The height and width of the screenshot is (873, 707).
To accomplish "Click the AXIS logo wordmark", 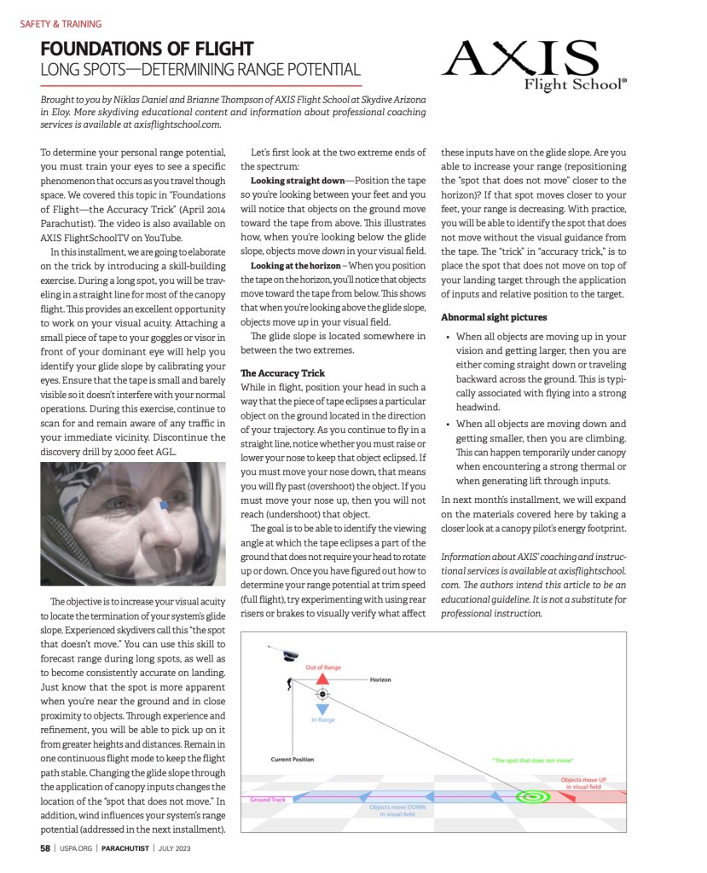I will coord(520,60).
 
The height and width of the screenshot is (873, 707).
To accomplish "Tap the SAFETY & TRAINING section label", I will coord(61,24).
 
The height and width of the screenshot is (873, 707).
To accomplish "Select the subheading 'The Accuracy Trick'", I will coord(282,373).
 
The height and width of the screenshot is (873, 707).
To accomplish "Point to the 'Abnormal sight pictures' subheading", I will coord(493,317).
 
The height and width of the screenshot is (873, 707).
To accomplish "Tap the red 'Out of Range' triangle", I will coord(322,679).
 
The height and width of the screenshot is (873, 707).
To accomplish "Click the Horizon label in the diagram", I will coord(380,679).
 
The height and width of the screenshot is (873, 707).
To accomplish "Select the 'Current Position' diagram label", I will coord(292,759).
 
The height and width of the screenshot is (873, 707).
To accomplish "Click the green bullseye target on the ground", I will coord(533,798).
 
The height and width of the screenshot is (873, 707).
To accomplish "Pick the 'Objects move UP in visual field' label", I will coord(582,783).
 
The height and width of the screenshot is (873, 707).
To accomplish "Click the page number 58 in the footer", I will coord(44,848).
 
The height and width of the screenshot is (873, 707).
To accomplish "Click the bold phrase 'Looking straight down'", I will coord(301,181).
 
